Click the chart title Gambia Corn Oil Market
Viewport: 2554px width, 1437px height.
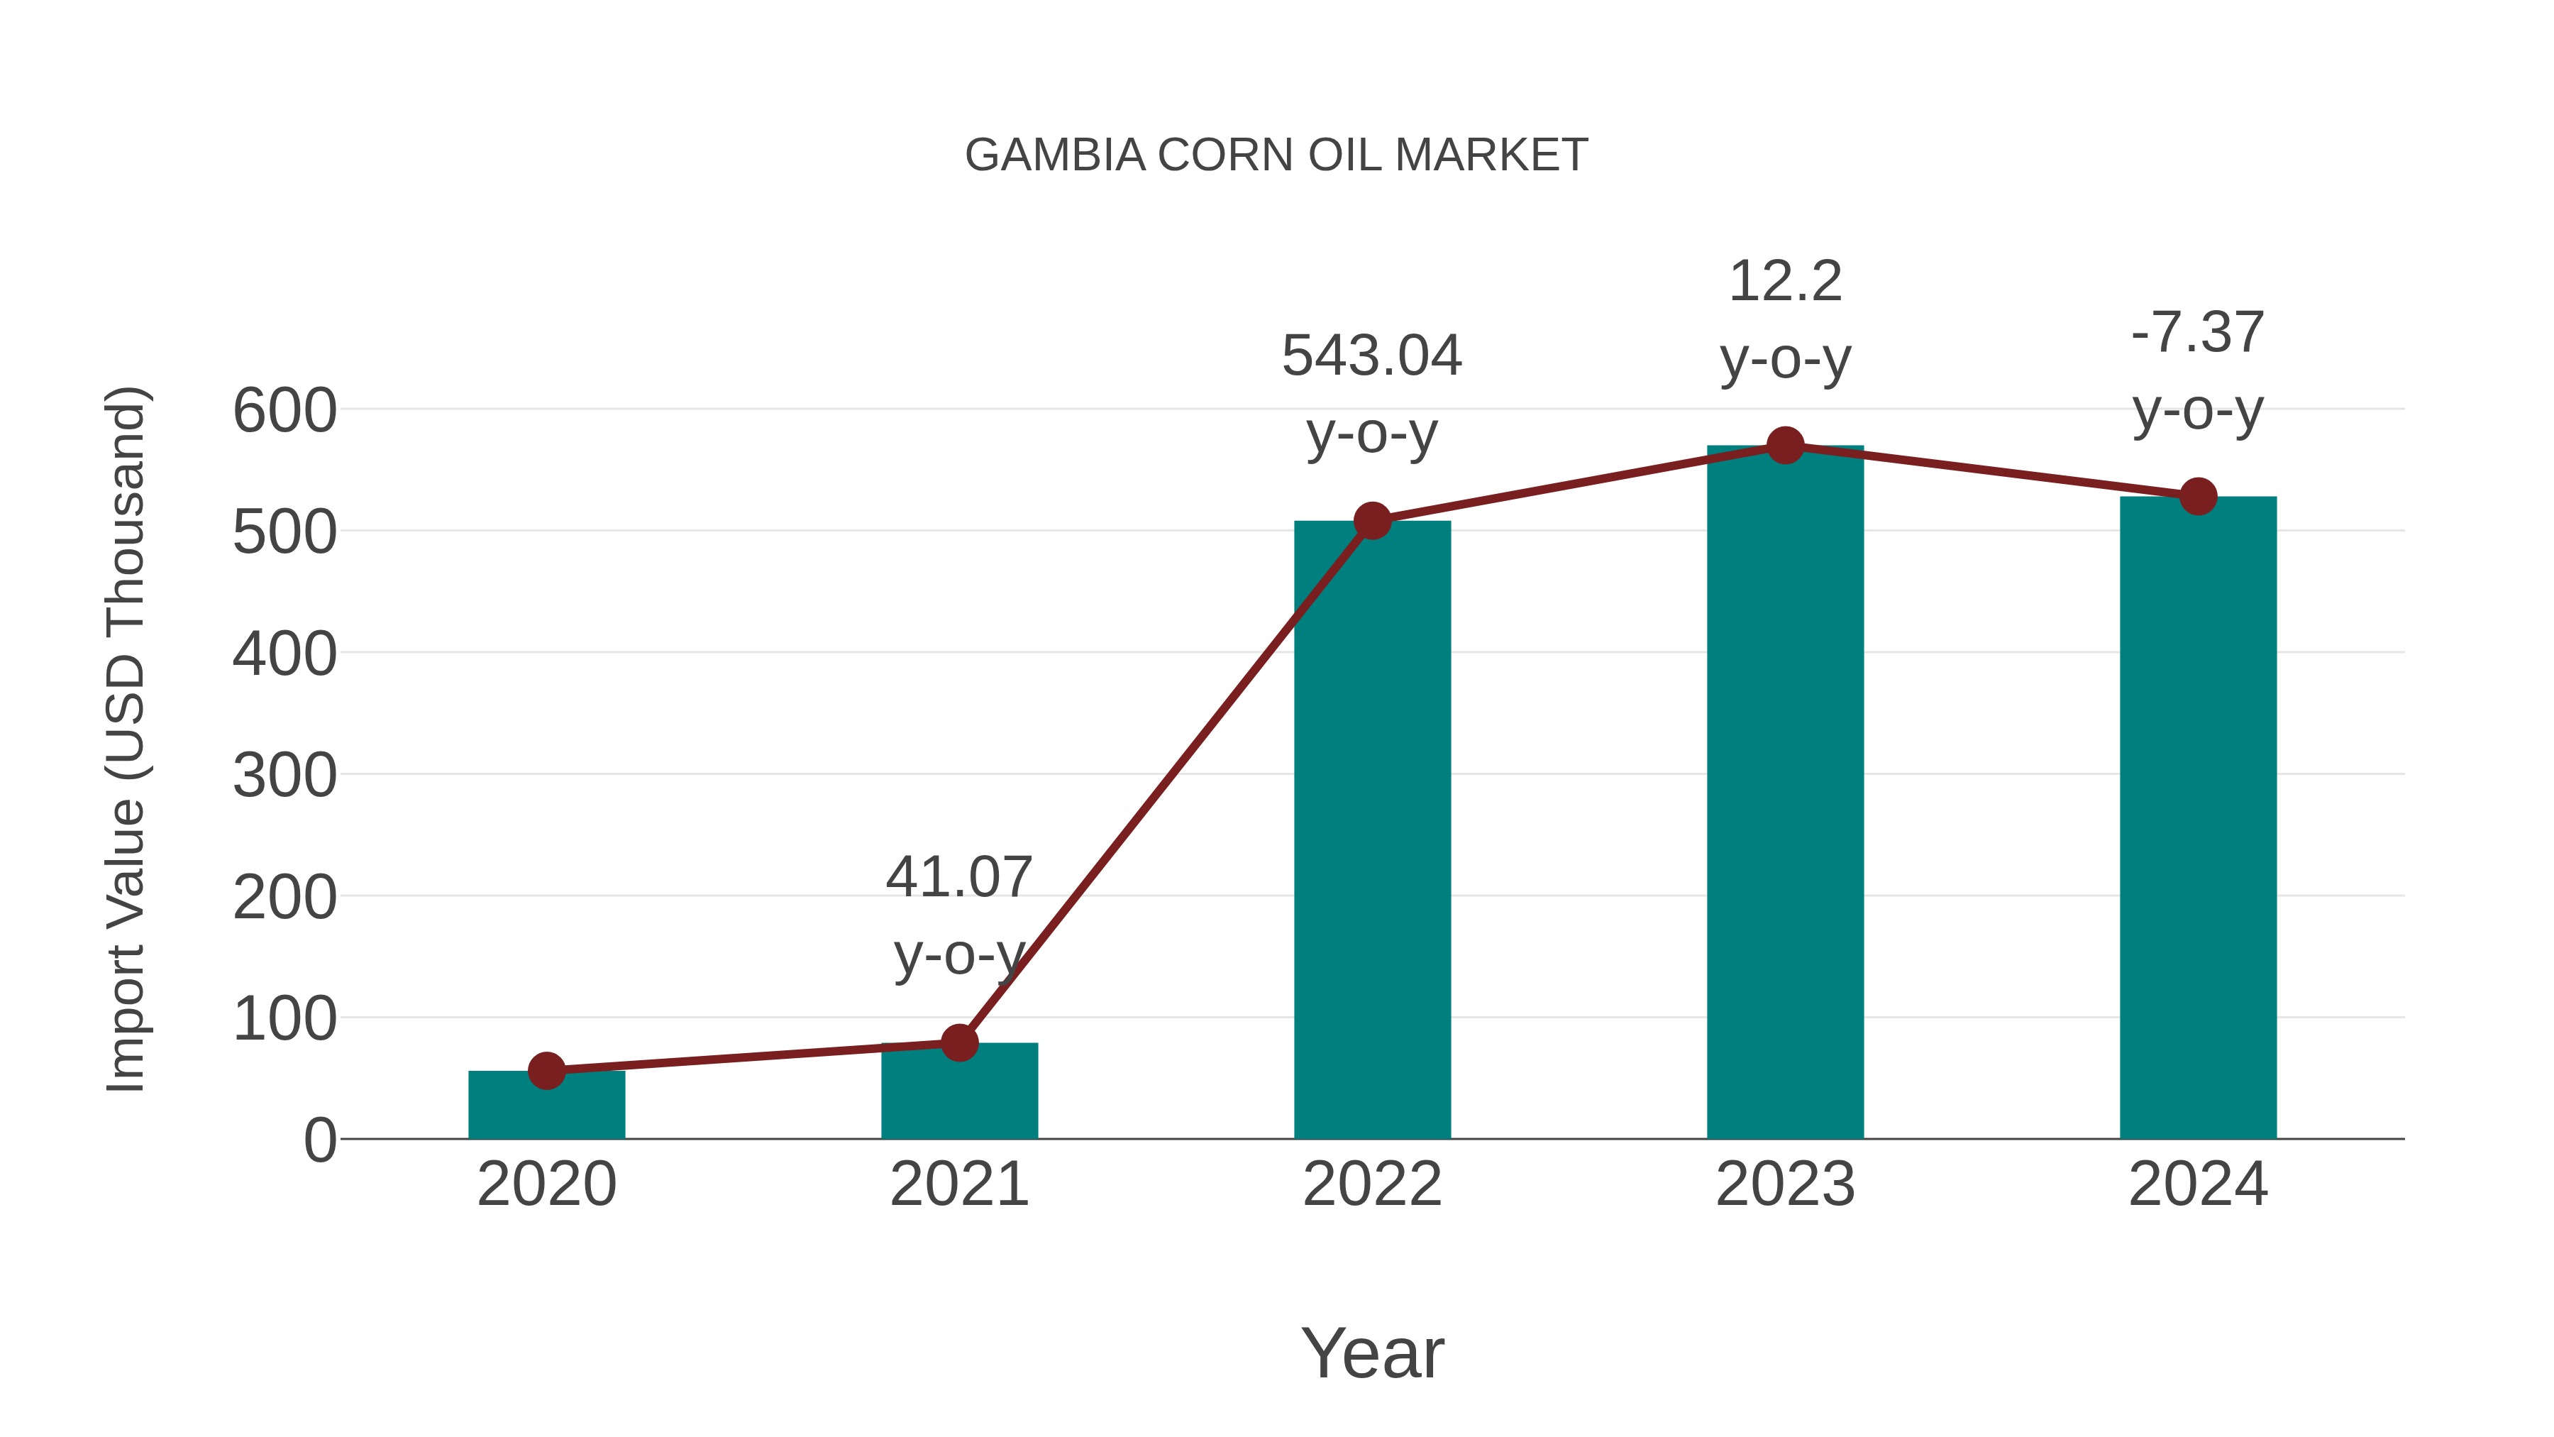(1276, 155)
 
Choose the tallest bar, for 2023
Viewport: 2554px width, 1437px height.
(1785, 793)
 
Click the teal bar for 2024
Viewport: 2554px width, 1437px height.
(2198, 818)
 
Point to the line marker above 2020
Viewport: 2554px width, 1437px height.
(546, 1071)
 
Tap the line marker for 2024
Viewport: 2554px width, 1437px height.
(2198, 496)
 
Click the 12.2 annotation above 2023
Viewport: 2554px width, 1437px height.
(1785, 282)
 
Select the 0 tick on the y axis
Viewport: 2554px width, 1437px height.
(319, 1140)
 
